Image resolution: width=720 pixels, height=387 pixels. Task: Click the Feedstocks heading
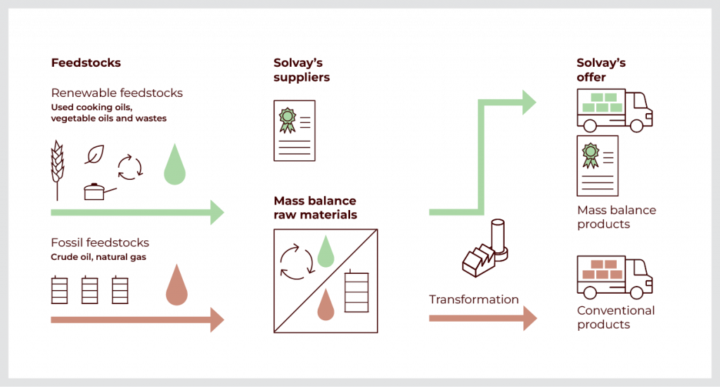(85, 63)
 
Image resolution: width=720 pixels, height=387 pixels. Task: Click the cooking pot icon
(95, 191)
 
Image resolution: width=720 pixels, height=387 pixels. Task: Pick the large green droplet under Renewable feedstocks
(174, 166)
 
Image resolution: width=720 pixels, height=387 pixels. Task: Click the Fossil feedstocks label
(100, 244)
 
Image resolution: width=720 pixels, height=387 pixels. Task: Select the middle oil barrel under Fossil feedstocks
(90, 290)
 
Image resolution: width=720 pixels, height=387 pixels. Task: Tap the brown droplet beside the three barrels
(176, 287)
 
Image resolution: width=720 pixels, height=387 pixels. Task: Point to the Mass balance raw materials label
(315, 208)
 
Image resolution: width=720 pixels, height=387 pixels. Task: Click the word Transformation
(473, 300)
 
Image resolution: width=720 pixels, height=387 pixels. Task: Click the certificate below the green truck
(597, 166)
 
